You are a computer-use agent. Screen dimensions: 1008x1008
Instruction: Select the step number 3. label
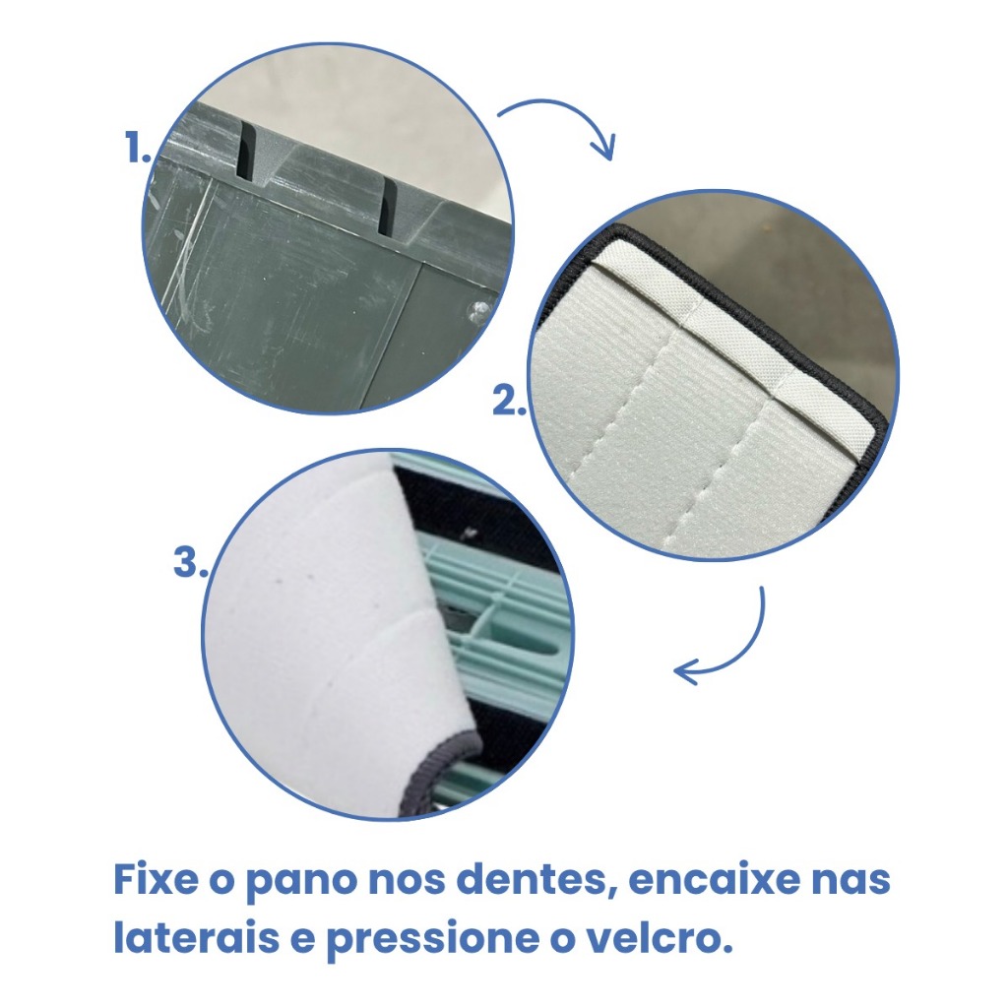point(190,562)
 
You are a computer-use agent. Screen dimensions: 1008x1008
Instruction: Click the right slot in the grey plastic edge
point(387,207)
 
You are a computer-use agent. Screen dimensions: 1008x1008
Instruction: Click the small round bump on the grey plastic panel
point(479,310)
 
